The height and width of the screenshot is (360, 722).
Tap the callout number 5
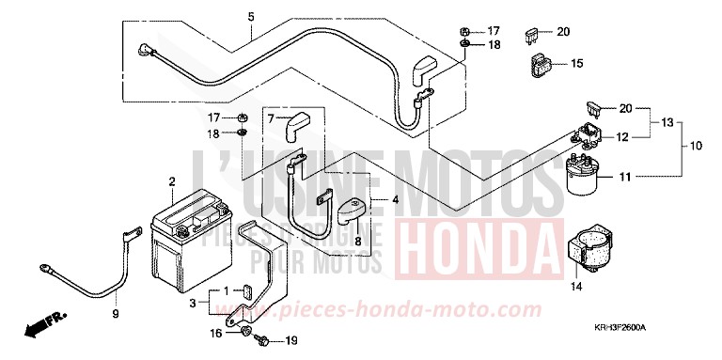pos(251,17)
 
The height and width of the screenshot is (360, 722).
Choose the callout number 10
pos(697,146)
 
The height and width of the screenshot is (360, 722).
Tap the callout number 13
pos(667,123)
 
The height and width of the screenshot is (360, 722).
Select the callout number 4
pos(396,199)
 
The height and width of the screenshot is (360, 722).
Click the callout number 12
pos(621,137)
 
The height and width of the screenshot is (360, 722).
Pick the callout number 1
pos(225,290)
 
